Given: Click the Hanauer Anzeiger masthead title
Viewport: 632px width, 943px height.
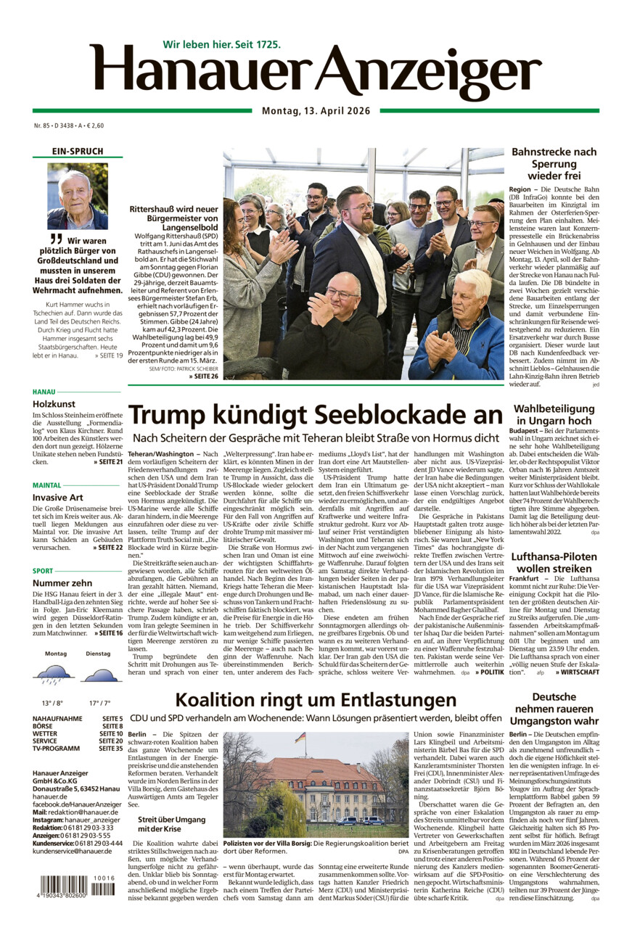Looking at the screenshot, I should [x=316, y=73].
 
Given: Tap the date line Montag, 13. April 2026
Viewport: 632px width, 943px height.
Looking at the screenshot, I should [x=316, y=111].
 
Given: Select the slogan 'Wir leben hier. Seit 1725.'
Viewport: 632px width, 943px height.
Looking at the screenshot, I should [x=221, y=44].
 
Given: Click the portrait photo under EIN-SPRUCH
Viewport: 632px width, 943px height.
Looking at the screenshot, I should [x=78, y=196].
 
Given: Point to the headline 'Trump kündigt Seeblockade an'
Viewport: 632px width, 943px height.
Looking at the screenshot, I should [x=315, y=415].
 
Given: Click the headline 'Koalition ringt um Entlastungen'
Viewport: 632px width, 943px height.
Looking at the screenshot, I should [x=316, y=700].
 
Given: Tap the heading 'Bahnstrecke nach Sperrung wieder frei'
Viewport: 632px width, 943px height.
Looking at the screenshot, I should [x=554, y=164].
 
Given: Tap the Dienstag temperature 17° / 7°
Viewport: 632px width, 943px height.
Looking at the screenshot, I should [x=99, y=703].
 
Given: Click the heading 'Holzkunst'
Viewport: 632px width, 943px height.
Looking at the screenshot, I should [x=53, y=404].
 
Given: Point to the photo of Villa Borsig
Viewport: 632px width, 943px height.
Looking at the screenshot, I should [x=316, y=785].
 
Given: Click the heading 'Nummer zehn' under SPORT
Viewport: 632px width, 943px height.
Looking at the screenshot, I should [x=62, y=582].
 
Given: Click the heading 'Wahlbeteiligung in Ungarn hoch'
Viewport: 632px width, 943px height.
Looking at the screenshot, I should [x=554, y=415].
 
